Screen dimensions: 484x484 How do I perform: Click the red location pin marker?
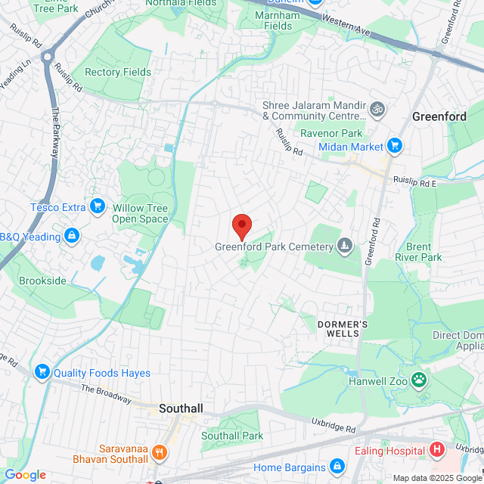[241, 226]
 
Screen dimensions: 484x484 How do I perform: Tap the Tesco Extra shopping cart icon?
[97, 206]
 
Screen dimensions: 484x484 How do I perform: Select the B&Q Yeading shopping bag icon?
[72, 237]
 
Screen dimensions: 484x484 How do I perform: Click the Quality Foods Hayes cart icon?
[42, 372]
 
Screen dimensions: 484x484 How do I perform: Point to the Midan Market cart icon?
[393, 145]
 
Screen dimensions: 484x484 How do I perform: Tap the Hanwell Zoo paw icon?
[417, 379]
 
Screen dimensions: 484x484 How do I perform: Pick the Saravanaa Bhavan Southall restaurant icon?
[159, 453]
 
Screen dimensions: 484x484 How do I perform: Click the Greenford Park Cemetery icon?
[345, 245]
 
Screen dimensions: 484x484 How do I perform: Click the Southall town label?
[181, 408]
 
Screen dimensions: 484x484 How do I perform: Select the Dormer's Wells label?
[343, 328]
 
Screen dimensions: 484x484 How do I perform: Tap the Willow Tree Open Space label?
[140, 213]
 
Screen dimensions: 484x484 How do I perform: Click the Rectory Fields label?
[118, 73]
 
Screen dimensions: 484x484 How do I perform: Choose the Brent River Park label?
[423, 252]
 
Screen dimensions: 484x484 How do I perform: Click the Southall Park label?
[231, 436]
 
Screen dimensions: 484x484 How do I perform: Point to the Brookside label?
[44, 281]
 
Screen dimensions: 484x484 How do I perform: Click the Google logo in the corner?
[25, 474]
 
